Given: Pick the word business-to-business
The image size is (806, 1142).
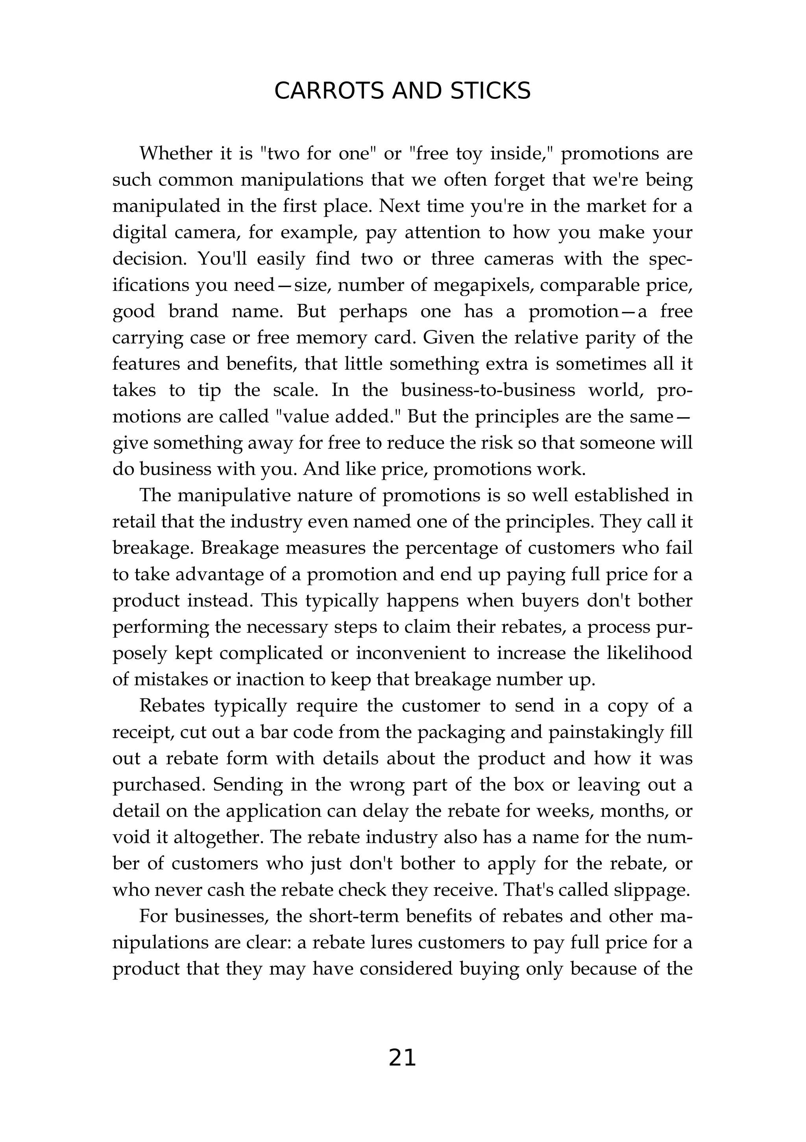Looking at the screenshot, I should (488, 390).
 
